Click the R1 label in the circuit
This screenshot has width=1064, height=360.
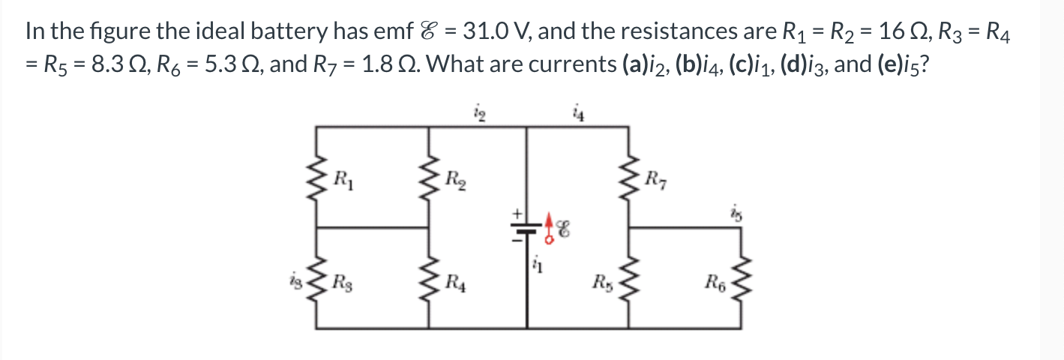pyautogui.click(x=343, y=179)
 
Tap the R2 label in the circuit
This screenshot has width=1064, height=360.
pyautogui.click(x=454, y=179)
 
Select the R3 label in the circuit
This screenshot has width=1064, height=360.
pyautogui.click(x=343, y=283)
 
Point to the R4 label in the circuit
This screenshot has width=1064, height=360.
pyautogui.click(x=454, y=283)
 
